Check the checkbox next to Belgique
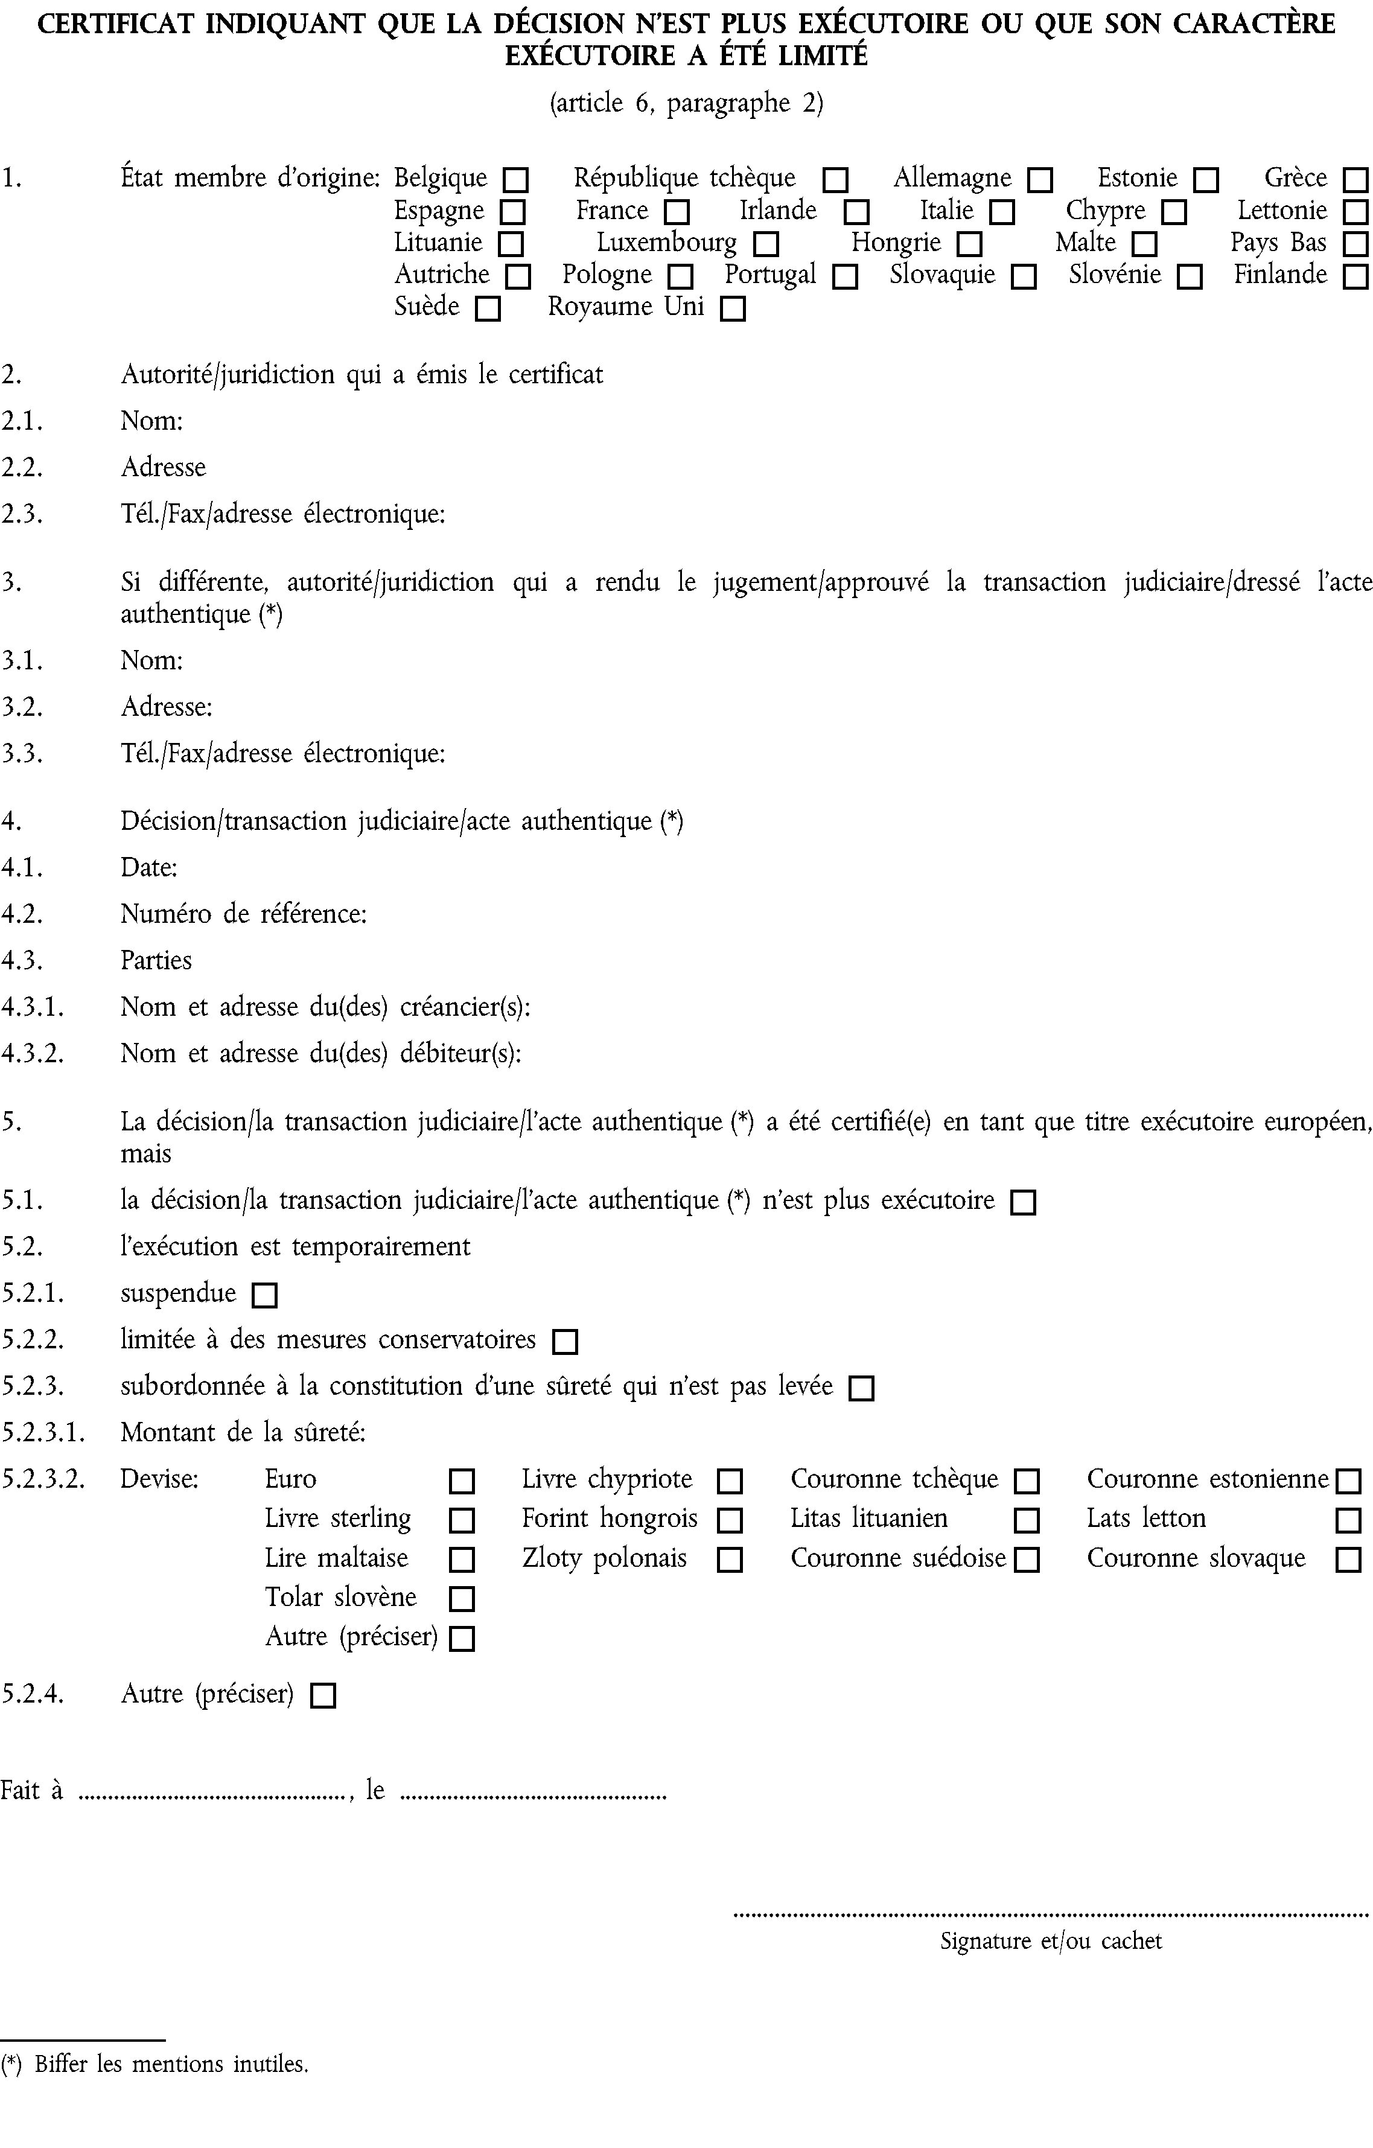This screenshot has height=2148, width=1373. pyautogui.click(x=515, y=180)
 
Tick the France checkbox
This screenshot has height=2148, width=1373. pyautogui.click(x=677, y=212)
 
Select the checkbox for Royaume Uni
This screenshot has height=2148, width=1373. pyautogui.click(x=733, y=310)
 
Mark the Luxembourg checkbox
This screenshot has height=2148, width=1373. pyautogui.click(x=765, y=244)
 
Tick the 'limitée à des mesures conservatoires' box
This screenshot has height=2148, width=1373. pyautogui.click(x=565, y=1342)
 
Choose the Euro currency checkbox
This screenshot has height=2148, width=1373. pyautogui.click(x=461, y=1482)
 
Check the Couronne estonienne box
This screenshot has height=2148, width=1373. pyautogui.click(x=1348, y=1482)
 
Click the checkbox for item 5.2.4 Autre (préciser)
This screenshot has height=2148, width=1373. pyautogui.click(x=322, y=1696)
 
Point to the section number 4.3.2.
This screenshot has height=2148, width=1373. pyautogui.click(x=32, y=1054)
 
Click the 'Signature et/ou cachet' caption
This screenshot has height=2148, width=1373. pyautogui.click(x=1051, y=1941)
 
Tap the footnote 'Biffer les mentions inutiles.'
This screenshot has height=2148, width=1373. pyautogui.click(x=171, y=2064)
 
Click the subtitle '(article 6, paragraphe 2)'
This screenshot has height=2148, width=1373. pyautogui.click(x=686, y=103)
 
